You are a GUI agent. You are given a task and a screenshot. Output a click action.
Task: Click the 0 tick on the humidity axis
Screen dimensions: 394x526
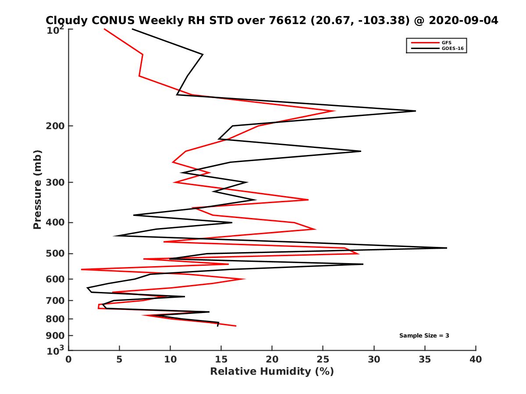point(69,359)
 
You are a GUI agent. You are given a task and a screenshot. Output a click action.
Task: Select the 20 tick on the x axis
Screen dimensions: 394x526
point(272,359)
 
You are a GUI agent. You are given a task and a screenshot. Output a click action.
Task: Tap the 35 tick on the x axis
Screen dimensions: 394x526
point(425,359)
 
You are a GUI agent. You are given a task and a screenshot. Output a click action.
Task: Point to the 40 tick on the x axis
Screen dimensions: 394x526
point(476,359)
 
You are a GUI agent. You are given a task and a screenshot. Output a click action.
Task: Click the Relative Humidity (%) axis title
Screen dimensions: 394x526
point(272,372)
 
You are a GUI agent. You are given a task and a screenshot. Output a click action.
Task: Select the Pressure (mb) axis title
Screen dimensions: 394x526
point(37,189)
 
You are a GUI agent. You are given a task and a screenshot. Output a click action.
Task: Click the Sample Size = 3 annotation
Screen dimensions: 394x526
point(424,336)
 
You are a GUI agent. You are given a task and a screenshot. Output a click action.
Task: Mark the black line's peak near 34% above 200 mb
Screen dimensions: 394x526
point(415,111)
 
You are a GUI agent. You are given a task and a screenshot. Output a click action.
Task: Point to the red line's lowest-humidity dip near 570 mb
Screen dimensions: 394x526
point(82,269)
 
